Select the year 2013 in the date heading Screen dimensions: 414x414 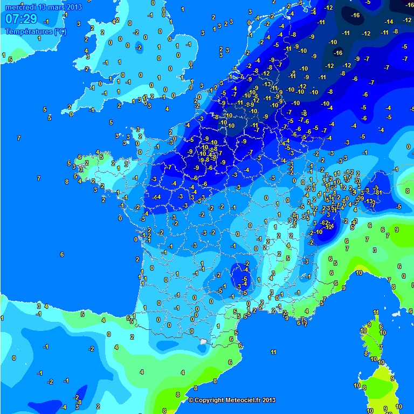74,6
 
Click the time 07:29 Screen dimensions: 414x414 21,19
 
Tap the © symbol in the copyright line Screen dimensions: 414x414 190,400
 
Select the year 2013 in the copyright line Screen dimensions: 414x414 270,400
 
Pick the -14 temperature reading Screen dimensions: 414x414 389,22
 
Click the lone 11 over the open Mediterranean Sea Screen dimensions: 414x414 273,352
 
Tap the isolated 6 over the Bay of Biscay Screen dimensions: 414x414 62,254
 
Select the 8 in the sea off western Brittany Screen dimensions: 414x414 67,182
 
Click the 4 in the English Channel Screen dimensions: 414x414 167,109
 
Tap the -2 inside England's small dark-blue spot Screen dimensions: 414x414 139,47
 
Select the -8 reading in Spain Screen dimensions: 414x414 79,402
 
